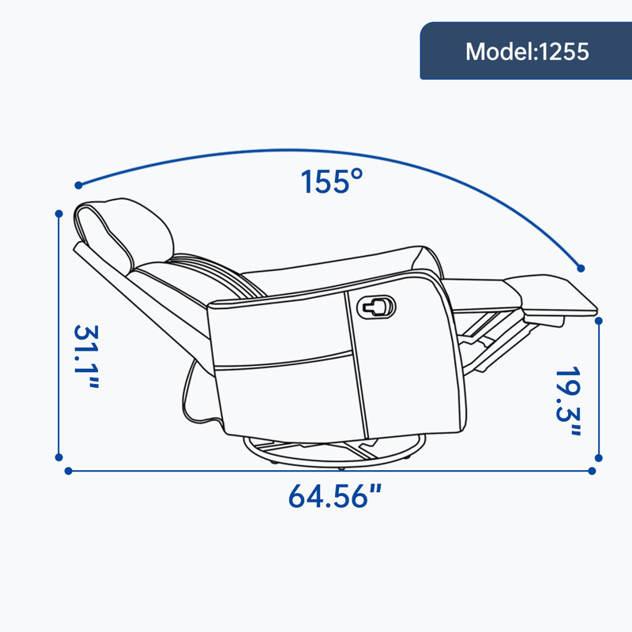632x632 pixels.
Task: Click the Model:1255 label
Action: [527, 51]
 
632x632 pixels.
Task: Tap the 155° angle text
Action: [331, 182]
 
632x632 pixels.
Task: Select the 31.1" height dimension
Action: [86, 356]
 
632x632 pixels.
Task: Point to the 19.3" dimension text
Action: [567, 401]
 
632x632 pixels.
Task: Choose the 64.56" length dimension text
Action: [334, 496]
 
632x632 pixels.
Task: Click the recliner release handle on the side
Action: [377, 307]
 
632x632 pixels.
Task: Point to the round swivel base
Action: [334, 452]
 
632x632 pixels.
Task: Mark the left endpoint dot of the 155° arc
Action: [78, 185]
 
